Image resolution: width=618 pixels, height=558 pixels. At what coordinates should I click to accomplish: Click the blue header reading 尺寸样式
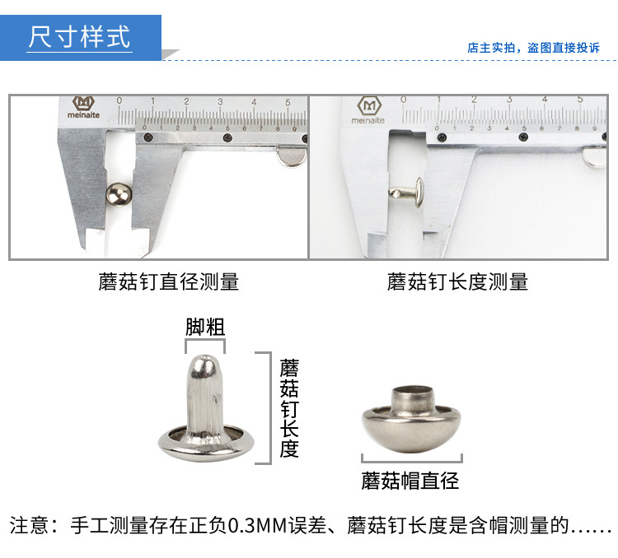(80, 38)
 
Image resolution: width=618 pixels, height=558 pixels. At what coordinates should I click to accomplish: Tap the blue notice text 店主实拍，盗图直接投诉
(533, 48)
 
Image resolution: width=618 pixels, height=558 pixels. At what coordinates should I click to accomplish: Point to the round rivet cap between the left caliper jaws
(119, 194)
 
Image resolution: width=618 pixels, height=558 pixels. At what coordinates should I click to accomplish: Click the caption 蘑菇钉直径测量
(168, 281)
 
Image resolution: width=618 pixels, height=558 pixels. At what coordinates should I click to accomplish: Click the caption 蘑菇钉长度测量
(457, 281)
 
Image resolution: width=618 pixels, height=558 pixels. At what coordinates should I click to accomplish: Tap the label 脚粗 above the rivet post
(204, 327)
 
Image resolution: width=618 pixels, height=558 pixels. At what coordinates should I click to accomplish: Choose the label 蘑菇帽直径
(410, 480)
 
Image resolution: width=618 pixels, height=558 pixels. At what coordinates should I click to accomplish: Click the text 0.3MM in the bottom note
(256, 525)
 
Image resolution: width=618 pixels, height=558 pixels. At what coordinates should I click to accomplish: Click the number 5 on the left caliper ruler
(287, 102)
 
